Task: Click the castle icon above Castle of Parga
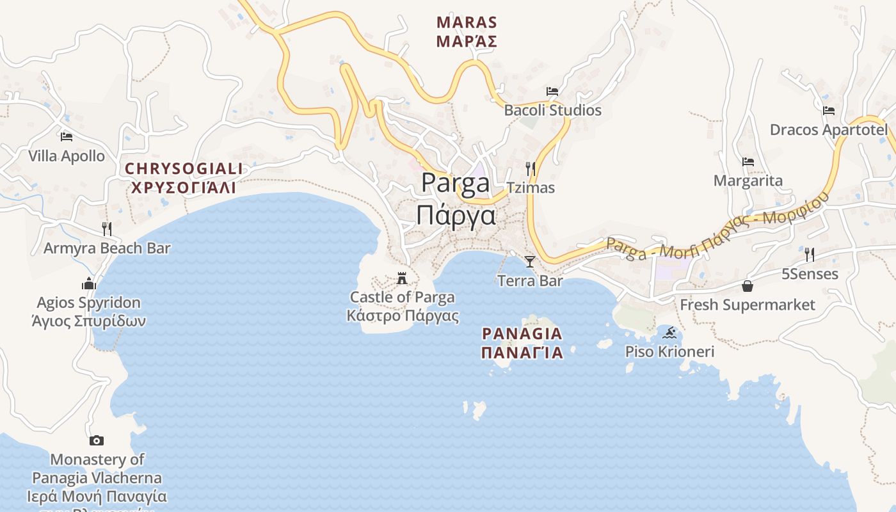click(x=402, y=278)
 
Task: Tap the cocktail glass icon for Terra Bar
click(x=530, y=261)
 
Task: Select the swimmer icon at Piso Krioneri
click(x=670, y=333)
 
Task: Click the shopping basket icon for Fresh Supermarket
click(x=747, y=285)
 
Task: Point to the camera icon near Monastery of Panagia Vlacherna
click(x=97, y=440)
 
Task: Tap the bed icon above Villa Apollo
click(x=66, y=136)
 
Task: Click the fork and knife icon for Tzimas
click(x=530, y=169)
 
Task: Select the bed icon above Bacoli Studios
click(x=552, y=92)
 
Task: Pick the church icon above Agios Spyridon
click(x=88, y=283)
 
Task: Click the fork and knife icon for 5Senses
click(x=810, y=255)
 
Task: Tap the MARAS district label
click(x=467, y=22)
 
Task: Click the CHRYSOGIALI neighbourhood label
click(x=184, y=169)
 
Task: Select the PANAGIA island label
click(x=522, y=333)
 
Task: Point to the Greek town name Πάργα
click(x=456, y=216)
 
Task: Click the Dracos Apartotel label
click(x=829, y=130)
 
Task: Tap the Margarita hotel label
click(x=748, y=180)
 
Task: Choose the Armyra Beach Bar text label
click(x=107, y=248)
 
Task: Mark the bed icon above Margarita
click(x=748, y=162)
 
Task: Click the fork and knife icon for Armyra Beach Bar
click(x=107, y=228)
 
